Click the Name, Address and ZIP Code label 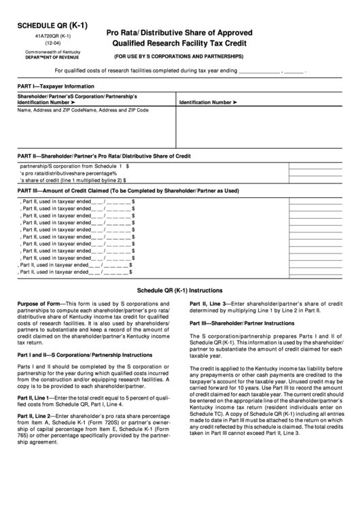click(83, 110)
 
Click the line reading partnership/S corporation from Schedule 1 click(75, 165)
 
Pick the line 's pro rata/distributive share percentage click(68, 173)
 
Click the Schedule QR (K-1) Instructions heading click(179, 288)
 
